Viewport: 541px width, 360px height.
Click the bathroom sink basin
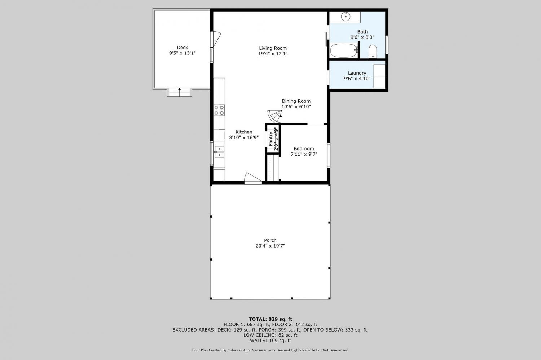coord(346,17)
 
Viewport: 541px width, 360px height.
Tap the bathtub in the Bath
coord(344,50)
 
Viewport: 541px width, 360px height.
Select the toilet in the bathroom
coord(373,52)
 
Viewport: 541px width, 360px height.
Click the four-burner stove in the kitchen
coord(219,110)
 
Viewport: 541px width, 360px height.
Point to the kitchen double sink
coord(219,152)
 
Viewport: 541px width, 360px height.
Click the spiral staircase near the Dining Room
coord(275,116)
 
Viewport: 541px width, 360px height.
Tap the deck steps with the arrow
coord(180,92)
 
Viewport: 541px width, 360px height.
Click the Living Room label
coord(273,48)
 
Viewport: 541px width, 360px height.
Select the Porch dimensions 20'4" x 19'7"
coord(270,246)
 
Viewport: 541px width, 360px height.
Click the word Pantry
coord(271,139)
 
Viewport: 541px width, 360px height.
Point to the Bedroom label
coord(304,148)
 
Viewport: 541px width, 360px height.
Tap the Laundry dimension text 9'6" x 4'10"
coord(357,79)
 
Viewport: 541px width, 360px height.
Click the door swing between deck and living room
coord(216,39)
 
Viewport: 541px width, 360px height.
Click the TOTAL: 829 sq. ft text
coord(270,319)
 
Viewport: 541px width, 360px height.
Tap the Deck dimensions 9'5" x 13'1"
coord(182,53)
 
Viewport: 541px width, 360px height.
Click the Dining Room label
coord(296,101)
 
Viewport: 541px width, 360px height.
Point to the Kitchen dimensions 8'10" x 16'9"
coord(244,138)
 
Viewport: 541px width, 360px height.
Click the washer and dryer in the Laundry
coord(379,76)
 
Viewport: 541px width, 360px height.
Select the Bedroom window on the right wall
coord(329,155)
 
